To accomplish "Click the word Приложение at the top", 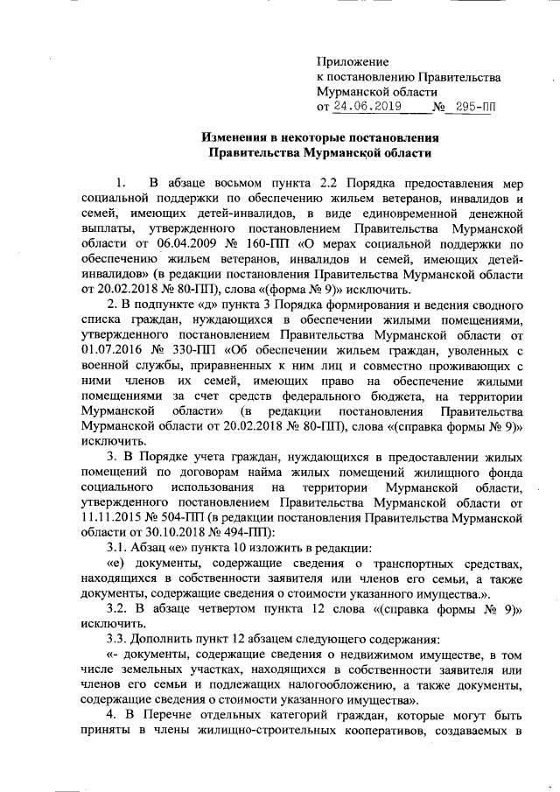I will click(351, 61).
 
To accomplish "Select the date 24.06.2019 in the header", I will click(365, 107).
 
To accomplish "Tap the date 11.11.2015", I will click(111, 516).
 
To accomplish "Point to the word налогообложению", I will click(308, 688).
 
